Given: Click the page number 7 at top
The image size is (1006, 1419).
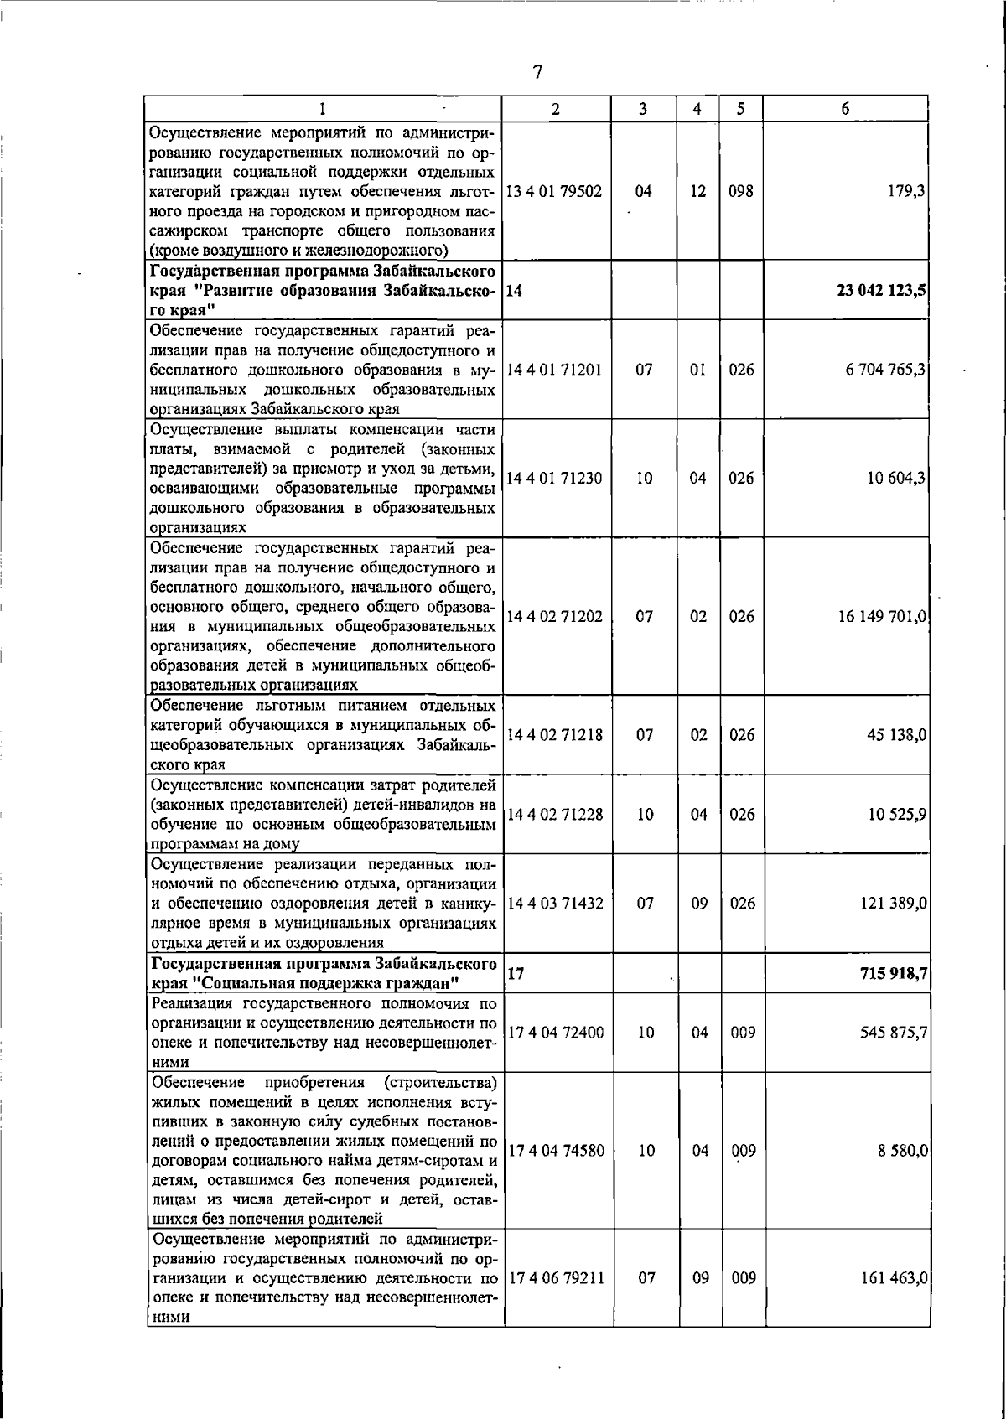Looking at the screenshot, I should pos(538,72).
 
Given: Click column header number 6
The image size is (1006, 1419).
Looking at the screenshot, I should pos(846,109).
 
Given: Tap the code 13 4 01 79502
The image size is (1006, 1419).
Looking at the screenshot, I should pos(554,191).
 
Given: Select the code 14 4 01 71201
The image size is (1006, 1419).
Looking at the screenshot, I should pos(554,370).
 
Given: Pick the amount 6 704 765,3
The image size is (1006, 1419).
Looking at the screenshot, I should pos(885,370).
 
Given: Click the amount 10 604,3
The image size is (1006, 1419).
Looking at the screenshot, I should pos(896,479).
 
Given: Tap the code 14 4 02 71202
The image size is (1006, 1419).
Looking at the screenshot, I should pos(554,617).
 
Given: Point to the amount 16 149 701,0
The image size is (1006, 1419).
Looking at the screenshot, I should pos(882,617).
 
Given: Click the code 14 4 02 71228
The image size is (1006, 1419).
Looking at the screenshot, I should pos(554,814).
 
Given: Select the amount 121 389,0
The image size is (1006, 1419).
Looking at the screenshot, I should pos(893,904).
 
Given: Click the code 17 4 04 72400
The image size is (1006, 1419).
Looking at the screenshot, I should pos(554,1033).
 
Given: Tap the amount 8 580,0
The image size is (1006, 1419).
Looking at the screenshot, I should pos(902,1151).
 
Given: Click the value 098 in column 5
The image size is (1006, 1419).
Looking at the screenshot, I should pos(740,191).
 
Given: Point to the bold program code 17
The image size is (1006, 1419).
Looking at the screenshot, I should pos(516,975).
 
